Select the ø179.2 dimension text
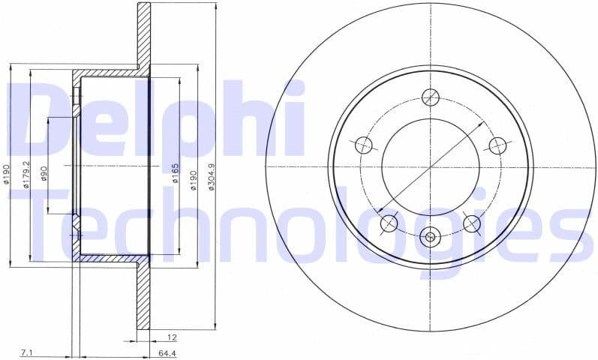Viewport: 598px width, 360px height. (26, 175)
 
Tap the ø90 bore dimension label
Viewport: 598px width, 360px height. (45, 175)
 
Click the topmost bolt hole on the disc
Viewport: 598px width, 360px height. (430, 96)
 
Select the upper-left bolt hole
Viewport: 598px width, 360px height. (363, 145)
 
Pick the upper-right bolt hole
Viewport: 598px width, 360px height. (497, 145)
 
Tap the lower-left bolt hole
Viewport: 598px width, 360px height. (389, 223)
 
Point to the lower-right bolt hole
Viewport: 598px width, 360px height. (471, 223)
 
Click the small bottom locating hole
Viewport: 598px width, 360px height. (430, 238)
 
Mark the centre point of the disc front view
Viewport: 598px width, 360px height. (430, 166)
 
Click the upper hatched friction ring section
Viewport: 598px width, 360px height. (143, 34)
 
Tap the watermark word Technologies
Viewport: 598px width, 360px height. (300, 225)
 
